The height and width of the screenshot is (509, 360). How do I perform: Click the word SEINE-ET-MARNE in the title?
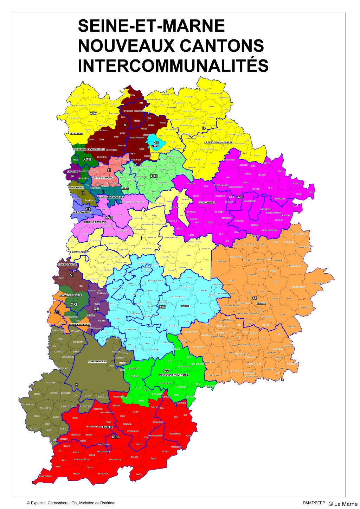click(151, 26)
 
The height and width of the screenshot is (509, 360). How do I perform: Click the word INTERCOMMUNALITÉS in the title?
click(173, 65)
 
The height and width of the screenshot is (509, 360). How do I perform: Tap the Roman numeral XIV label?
click(93, 114)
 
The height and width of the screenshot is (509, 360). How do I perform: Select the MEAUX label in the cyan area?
click(155, 146)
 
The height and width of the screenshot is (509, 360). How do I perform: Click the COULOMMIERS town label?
click(207, 203)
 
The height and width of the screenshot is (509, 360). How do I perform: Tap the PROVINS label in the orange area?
click(261, 303)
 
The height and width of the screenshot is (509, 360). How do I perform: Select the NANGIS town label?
click(185, 306)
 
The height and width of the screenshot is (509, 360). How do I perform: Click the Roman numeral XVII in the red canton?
click(115, 437)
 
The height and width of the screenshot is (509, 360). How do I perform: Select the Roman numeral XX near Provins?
click(255, 298)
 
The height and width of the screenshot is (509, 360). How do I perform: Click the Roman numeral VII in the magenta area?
click(240, 197)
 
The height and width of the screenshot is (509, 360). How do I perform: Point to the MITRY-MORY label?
click(77, 134)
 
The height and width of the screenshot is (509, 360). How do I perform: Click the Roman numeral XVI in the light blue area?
click(162, 307)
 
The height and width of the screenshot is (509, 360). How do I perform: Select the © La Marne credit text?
click(343, 504)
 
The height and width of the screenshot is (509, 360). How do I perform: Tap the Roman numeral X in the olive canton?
click(76, 385)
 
